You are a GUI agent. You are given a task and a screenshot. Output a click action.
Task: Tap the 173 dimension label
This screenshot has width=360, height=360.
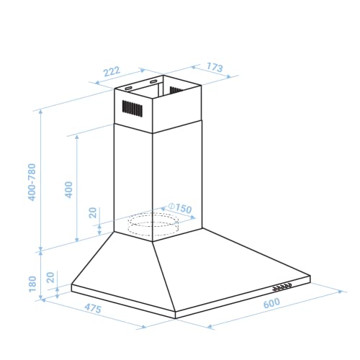coord(213,68)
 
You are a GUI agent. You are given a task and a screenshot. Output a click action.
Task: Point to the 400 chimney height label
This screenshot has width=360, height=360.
coord(69,189)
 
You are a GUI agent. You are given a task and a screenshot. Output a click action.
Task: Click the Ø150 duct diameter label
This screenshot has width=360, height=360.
coord(181,209)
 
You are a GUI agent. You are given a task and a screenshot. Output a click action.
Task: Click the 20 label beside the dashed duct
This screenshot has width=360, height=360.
coord(92,212)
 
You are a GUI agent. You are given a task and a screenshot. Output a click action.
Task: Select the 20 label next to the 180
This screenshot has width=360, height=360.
coord(49,277)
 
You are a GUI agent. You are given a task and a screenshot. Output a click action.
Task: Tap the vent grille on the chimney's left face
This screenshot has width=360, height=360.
coord(131,109)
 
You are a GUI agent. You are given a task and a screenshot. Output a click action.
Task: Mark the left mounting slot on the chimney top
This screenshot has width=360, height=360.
coord(130,87)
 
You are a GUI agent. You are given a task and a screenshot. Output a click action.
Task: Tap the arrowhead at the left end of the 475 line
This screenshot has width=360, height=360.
coord(43,300)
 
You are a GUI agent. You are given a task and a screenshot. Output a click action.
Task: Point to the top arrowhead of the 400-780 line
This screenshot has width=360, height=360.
coord(42,112)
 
